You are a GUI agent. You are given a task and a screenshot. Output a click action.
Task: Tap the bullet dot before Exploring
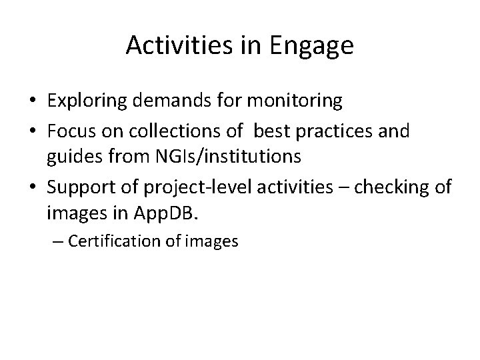32,102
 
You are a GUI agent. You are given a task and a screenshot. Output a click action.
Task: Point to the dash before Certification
56,241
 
